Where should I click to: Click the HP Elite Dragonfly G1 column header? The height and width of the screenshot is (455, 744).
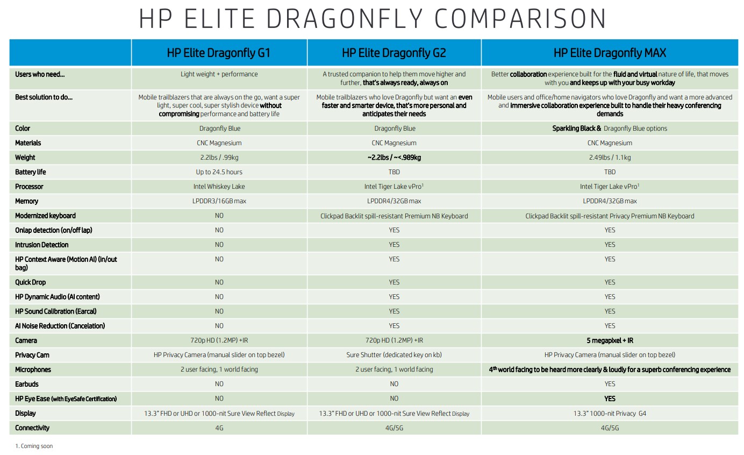click(x=219, y=53)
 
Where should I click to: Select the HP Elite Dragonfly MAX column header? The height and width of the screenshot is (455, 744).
click(x=610, y=53)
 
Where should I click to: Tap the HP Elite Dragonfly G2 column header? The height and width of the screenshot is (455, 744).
click(x=394, y=53)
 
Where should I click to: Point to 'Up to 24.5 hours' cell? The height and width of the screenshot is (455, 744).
click(x=219, y=172)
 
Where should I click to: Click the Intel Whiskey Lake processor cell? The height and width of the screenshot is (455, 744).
click(x=219, y=187)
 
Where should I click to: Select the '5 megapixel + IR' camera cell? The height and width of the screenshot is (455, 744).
click(x=610, y=340)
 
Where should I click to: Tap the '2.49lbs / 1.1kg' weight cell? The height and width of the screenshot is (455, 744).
click(x=610, y=158)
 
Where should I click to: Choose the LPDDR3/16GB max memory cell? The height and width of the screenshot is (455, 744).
click(x=219, y=201)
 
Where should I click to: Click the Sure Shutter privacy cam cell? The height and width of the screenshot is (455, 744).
click(x=394, y=355)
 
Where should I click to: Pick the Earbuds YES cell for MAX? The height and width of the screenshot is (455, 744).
click(x=610, y=384)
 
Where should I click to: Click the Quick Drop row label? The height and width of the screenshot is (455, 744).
click(x=31, y=282)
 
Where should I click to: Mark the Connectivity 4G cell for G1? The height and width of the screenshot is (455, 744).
click(x=219, y=428)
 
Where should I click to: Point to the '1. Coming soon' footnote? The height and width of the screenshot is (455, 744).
click(x=34, y=446)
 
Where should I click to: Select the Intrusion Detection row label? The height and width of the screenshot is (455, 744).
click(x=41, y=245)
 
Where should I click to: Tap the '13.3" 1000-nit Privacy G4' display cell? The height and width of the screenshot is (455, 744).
click(x=610, y=414)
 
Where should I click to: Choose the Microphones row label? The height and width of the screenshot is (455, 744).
click(x=33, y=369)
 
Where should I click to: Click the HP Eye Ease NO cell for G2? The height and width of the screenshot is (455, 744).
click(x=394, y=399)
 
